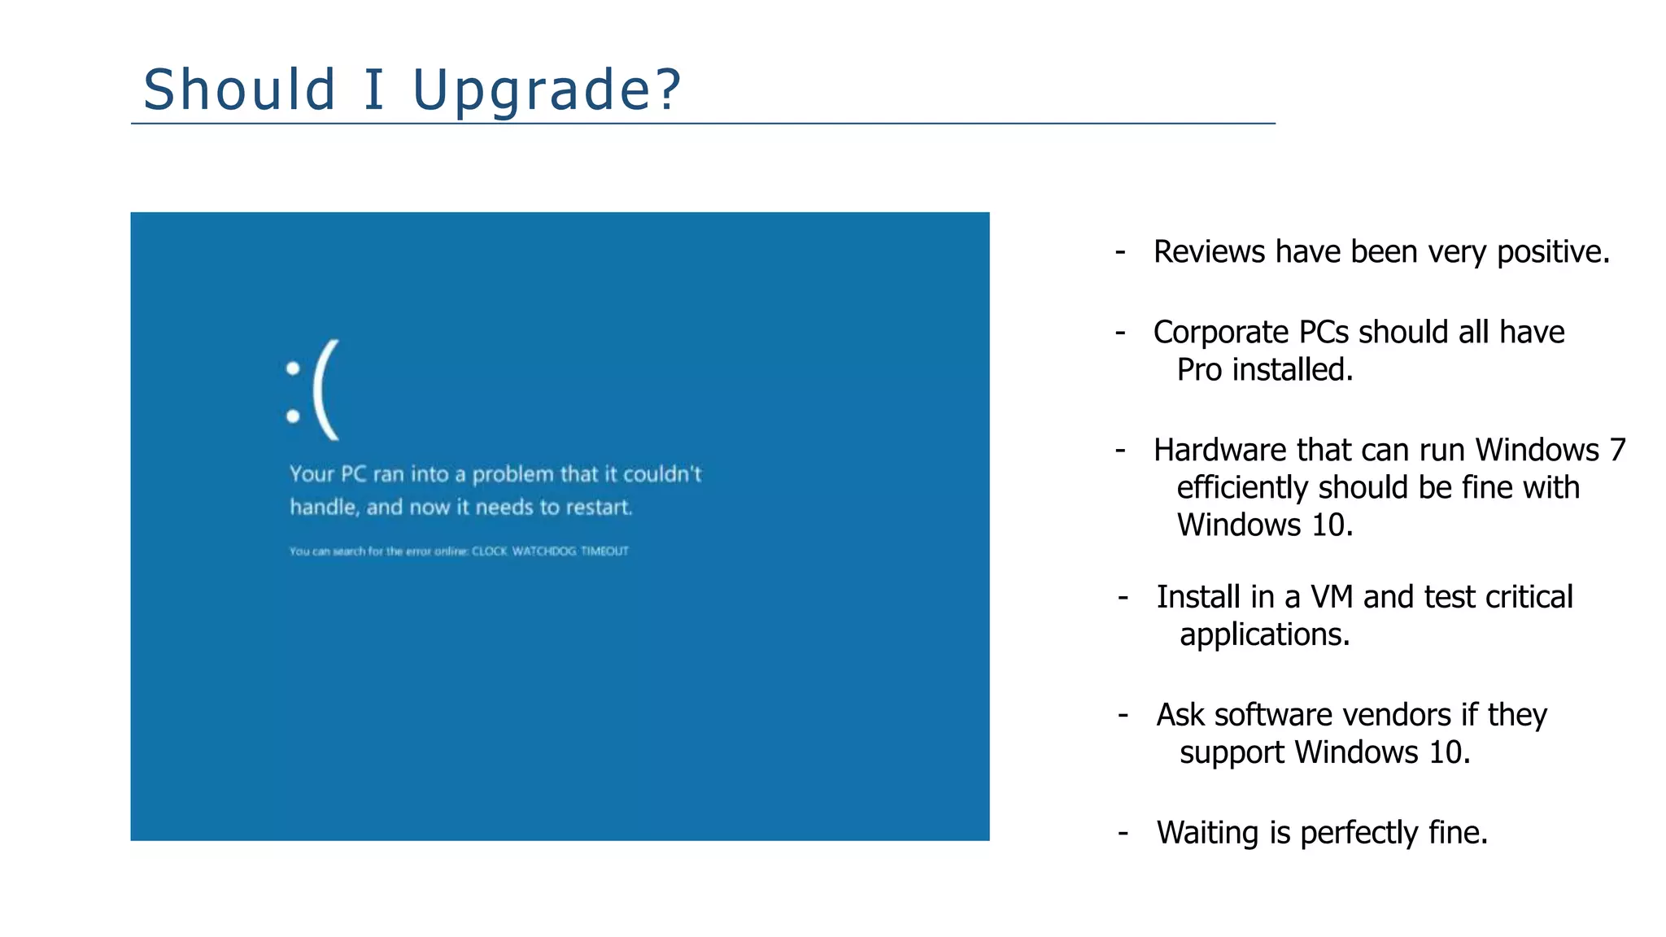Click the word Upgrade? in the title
click(547, 89)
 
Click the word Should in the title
click(239, 89)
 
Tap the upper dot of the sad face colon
click(293, 368)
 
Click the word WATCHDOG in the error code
click(543, 551)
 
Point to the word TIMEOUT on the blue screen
click(604, 551)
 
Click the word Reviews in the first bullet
click(1209, 252)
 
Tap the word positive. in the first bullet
click(1553, 252)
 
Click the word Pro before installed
click(1199, 370)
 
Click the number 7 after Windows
click(1617, 451)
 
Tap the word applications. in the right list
click(1264, 634)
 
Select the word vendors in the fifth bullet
click(1397, 715)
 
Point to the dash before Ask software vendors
click(1123, 714)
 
